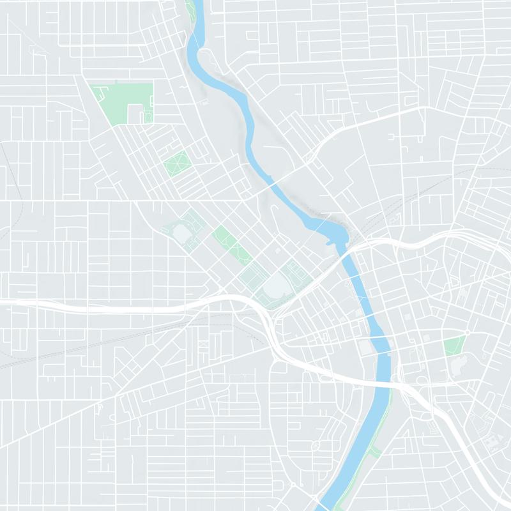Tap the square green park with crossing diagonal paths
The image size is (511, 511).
[x=176, y=164]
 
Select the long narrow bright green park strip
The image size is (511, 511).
[x=231, y=244]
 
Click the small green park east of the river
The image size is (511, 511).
[x=454, y=346]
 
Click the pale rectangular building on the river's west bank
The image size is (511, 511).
[x=365, y=347]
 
